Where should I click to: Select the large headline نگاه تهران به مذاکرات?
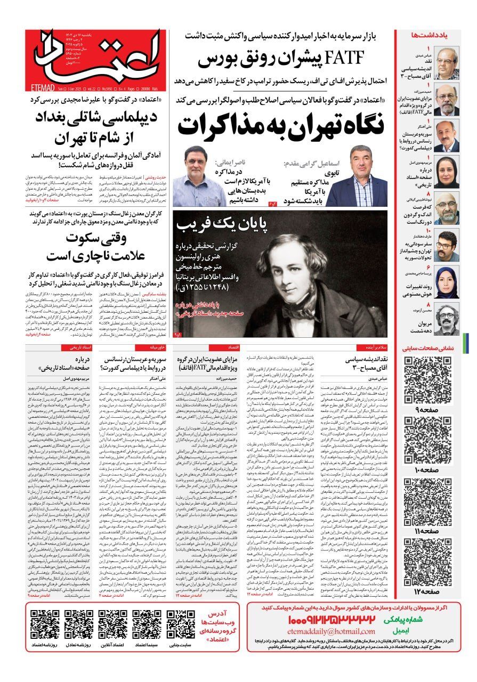[x=281, y=125]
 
